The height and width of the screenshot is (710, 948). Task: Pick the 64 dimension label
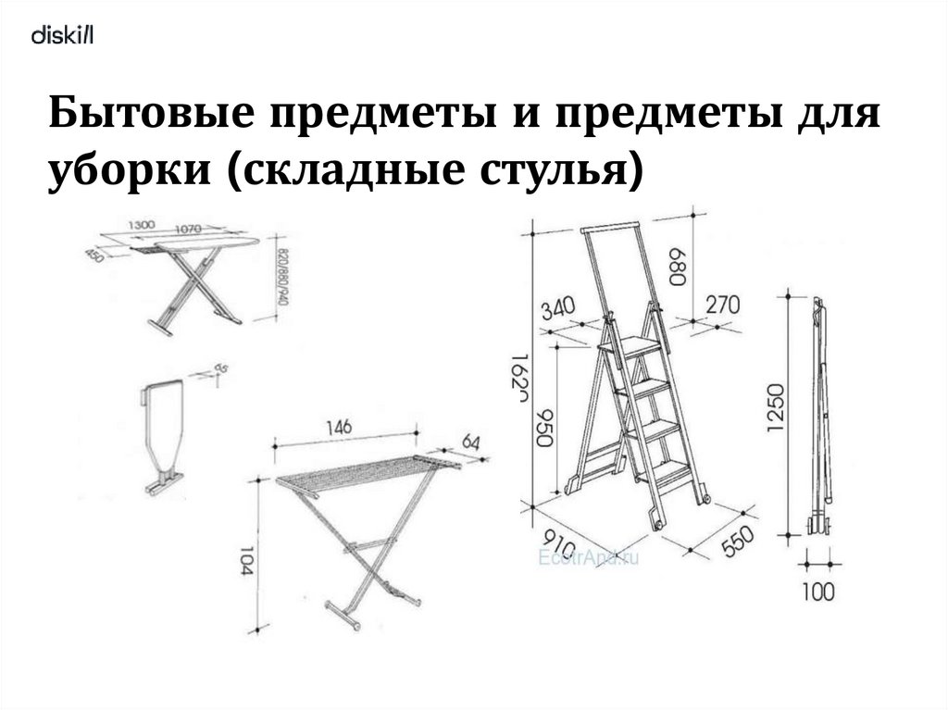[x=471, y=442]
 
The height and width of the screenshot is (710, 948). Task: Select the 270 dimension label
[x=722, y=305]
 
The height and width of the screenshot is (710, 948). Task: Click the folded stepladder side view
[x=821, y=417]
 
